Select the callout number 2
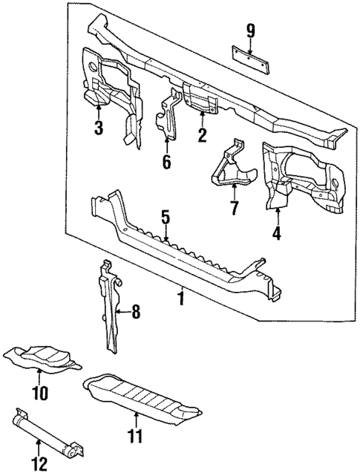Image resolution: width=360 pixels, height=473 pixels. pyautogui.click(x=200, y=134)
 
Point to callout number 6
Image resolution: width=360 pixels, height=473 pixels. pyautogui.click(x=166, y=162)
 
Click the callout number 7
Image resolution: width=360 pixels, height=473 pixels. pyautogui.click(x=235, y=207)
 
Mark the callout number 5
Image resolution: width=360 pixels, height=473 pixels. pyautogui.click(x=166, y=218)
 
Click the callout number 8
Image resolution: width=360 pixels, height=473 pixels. pyautogui.click(x=135, y=313)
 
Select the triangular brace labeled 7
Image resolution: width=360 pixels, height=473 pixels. pyautogui.click(x=232, y=172)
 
